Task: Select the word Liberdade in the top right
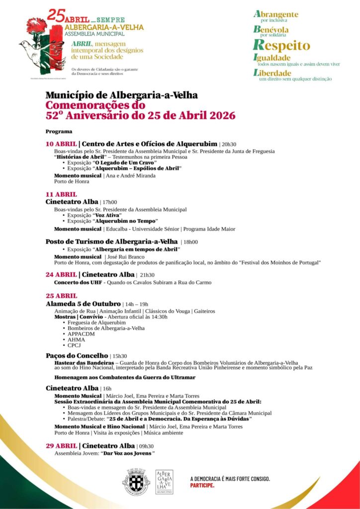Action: click(272, 73)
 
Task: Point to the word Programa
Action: click(59, 132)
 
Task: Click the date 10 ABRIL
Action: click(61, 144)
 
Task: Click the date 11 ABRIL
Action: click(61, 194)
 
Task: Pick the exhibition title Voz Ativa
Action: click(107, 215)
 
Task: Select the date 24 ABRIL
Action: click(61, 274)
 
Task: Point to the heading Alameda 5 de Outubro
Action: click(83, 304)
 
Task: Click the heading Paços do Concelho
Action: click(77, 356)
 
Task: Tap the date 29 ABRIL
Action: click(61, 446)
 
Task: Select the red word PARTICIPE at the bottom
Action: click(202, 485)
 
